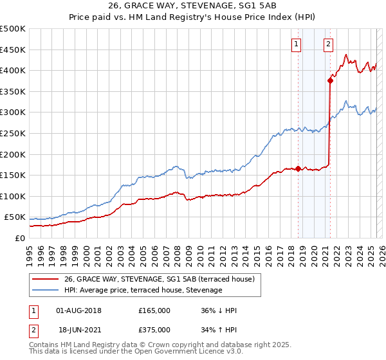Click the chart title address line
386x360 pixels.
point(192,7)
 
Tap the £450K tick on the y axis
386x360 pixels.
point(13,50)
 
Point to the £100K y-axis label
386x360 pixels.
point(13,196)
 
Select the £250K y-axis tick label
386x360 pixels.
point(13,134)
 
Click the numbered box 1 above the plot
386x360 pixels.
point(296,44)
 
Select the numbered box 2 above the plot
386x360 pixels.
point(328,44)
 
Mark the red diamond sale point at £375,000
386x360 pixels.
point(330,80)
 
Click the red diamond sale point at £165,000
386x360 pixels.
point(299,169)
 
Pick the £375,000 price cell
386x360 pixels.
point(154,330)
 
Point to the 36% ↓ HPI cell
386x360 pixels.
point(219,310)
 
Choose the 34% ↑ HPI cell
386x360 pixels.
point(219,330)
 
